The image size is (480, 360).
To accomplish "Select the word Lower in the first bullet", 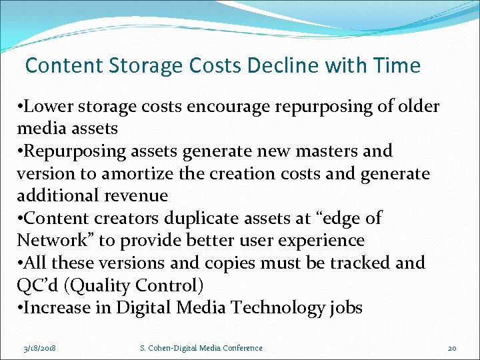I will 49,107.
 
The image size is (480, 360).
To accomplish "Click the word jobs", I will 345,307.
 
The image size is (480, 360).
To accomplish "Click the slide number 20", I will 452,348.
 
